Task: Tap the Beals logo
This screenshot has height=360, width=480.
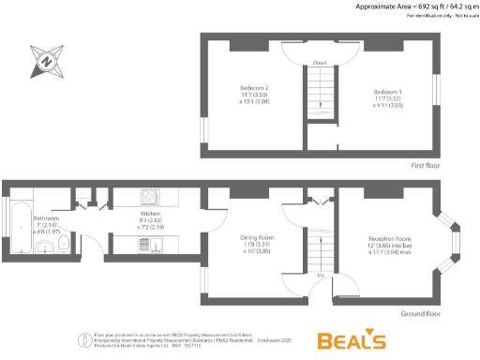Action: click(351, 339)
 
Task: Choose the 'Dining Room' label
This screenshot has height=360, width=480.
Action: click(256, 239)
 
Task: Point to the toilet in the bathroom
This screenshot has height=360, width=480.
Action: click(63, 245)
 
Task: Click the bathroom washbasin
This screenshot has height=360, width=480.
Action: click(45, 246)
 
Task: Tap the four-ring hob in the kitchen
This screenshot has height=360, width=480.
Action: click(150, 197)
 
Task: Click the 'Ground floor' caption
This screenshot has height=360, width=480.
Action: click(419, 313)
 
